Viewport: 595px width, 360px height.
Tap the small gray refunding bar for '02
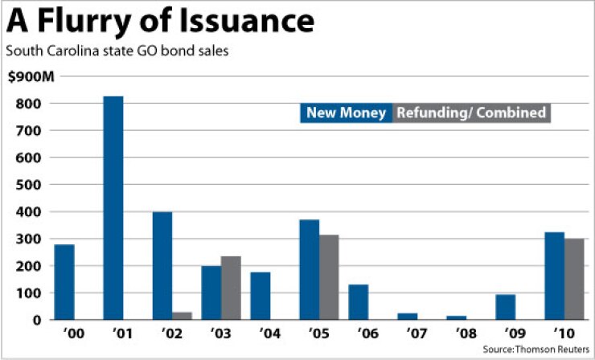point(182,315)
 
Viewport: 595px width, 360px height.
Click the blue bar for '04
point(260,296)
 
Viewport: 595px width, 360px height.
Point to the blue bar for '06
point(358,302)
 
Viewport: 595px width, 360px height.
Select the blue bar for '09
point(504,307)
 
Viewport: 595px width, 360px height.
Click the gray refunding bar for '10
point(573,279)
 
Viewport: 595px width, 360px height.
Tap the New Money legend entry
point(347,112)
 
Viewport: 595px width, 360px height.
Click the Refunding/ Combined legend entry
point(472,112)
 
